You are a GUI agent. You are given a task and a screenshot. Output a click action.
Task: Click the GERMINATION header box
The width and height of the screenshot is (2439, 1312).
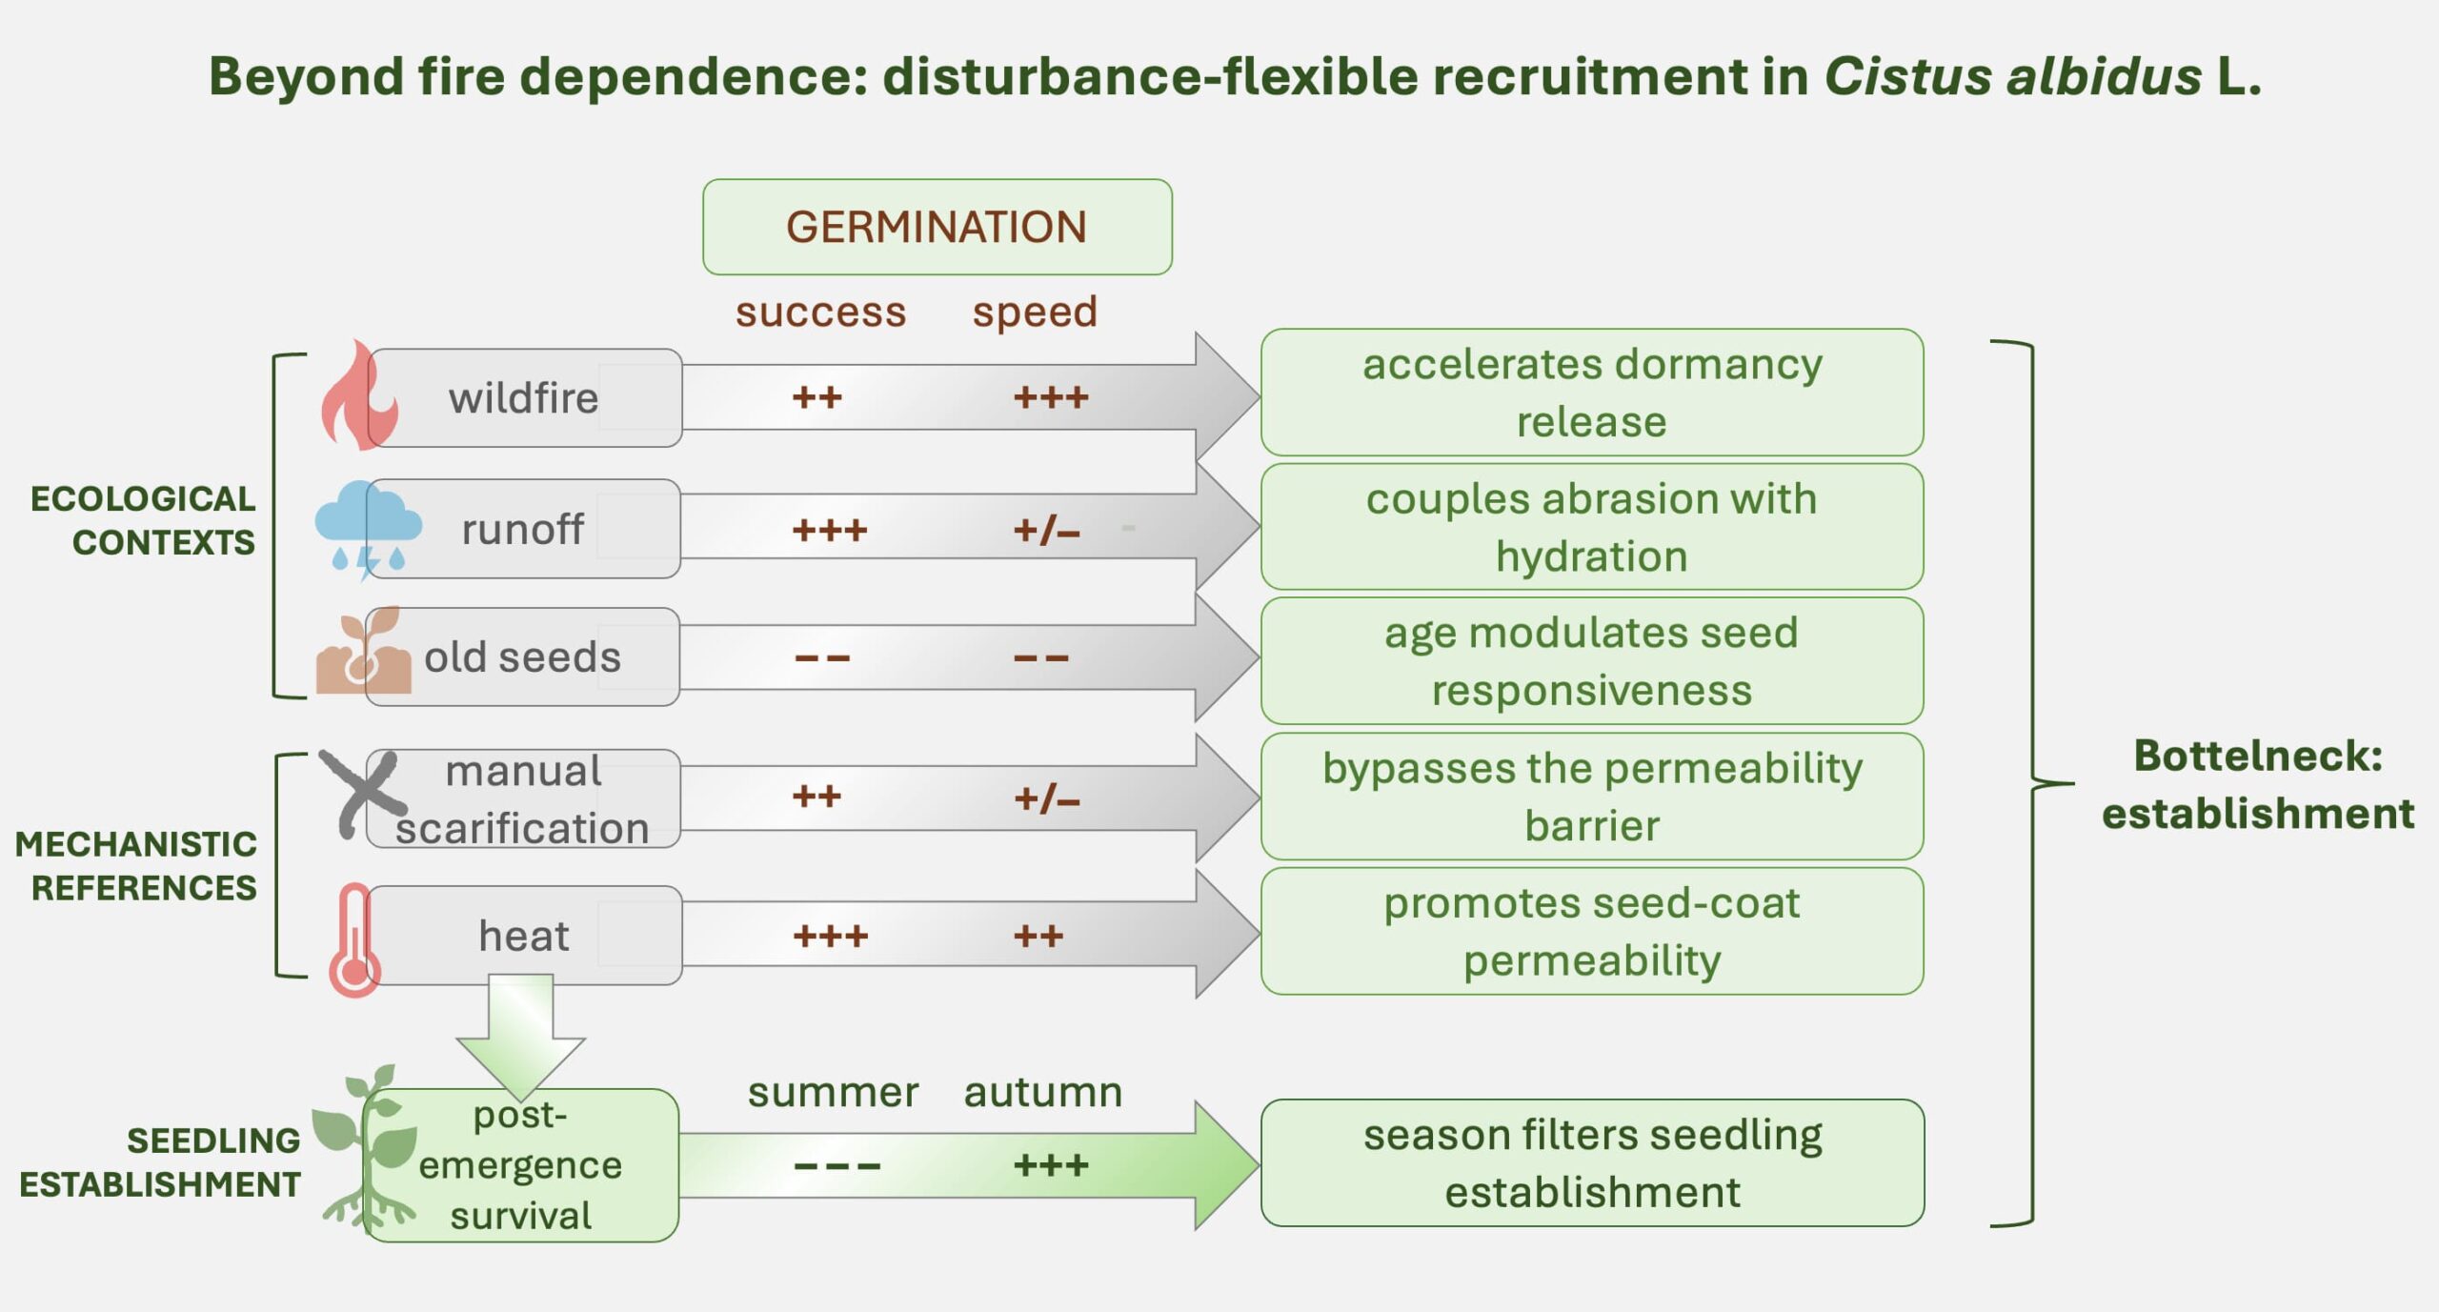pyautogui.click(x=937, y=227)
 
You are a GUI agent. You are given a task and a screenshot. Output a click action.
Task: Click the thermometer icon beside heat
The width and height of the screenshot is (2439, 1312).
pyautogui.click(x=354, y=939)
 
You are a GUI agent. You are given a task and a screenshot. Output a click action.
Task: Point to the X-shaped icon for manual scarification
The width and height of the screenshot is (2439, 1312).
pyautogui.click(x=362, y=793)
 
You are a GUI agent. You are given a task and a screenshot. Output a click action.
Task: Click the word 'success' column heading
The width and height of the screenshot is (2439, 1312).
pyautogui.click(x=820, y=312)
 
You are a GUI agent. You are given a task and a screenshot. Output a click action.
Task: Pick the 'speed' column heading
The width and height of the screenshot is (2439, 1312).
pyautogui.click(x=1035, y=313)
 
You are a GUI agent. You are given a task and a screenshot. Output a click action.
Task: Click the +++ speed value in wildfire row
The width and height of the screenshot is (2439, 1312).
pyautogui.click(x=1051, y=396)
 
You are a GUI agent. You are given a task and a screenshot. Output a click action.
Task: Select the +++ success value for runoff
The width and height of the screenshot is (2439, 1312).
pyautogui.click(x=830, y=530)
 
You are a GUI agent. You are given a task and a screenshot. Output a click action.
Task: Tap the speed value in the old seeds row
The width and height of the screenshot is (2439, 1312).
pyautogui.click(x=1041, y=657)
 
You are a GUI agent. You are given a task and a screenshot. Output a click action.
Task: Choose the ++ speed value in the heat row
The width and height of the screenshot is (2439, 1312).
pyautogui.click(x=1038, y=936)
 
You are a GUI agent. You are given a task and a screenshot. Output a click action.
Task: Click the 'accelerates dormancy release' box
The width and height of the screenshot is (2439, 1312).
pyautogui.click(x=1592, y=393)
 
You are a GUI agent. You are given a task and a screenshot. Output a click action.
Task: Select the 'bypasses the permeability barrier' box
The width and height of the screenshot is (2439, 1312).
pyautogui.click(x=1592, y=797)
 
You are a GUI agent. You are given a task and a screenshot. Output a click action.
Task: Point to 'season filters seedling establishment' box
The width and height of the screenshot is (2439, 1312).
pyautogui.click(x=1592, y=1162)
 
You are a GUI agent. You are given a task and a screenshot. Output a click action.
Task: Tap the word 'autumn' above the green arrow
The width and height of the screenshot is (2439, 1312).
pyautogui.click(x=1043, y=1092)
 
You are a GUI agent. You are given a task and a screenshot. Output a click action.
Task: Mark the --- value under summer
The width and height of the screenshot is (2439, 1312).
pyautogui.click(x=837, y=1165)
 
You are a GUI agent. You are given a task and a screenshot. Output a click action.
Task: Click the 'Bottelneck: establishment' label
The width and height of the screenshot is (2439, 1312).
pyautogui.click(x=2258, y=784)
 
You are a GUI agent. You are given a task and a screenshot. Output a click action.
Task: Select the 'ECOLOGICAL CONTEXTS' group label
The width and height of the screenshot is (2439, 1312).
pyautogui.click(x=143, y=520)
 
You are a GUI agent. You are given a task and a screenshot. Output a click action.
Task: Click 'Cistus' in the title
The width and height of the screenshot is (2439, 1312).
pyautogui.click(x=1907, y=76)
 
